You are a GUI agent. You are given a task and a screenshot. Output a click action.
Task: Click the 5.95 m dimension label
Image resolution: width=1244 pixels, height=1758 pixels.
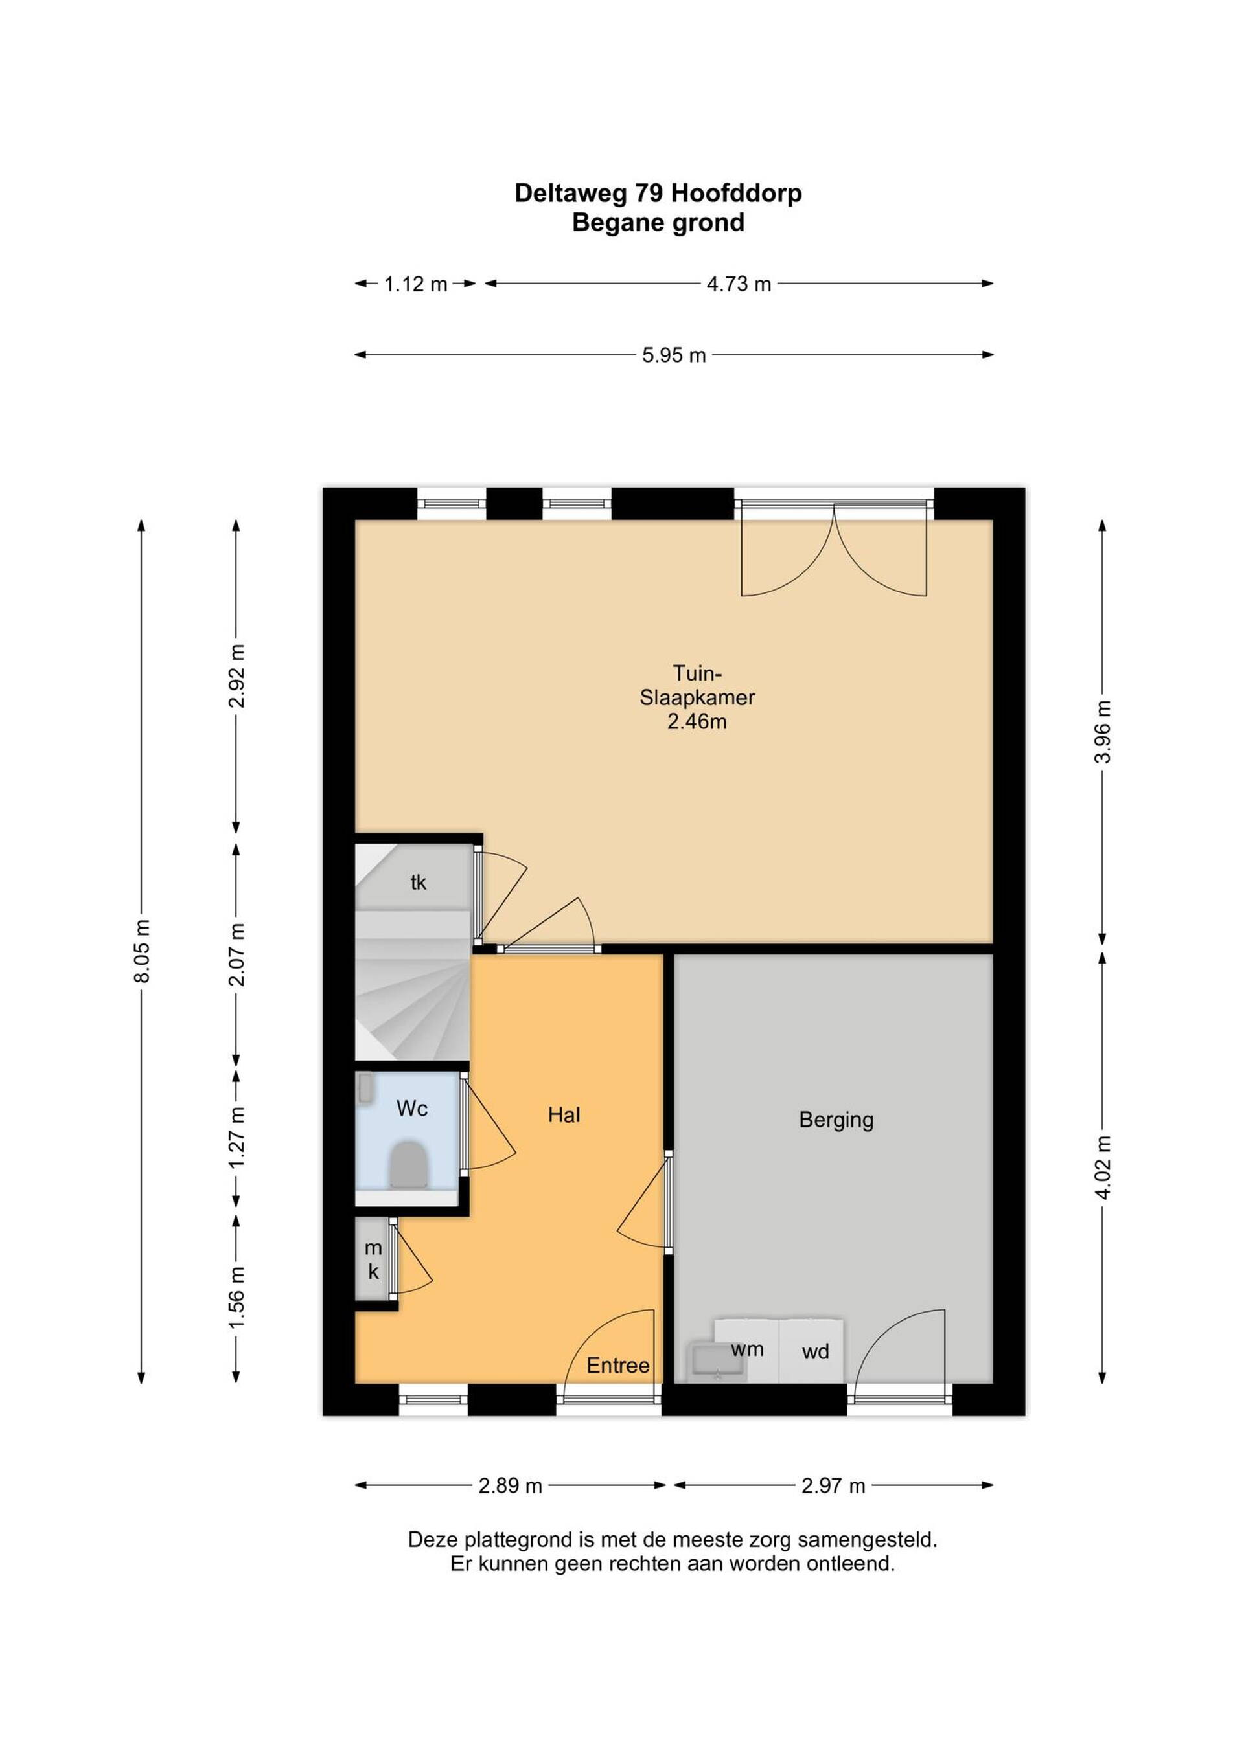coord(673,355)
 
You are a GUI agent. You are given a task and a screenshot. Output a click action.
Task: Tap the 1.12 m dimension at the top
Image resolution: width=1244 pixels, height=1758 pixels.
coord(415,284)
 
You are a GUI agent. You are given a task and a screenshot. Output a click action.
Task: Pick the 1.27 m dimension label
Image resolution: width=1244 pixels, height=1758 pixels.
coord(238,1137)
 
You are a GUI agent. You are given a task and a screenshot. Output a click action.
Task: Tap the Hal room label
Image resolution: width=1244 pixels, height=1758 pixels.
coord(564,1115)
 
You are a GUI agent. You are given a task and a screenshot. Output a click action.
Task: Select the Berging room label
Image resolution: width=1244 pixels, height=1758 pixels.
coord(836,1120)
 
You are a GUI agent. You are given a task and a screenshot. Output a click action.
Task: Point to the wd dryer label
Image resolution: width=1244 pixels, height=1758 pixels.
coord(815,1351)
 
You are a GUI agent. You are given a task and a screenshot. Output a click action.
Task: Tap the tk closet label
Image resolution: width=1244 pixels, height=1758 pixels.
coord(419,882)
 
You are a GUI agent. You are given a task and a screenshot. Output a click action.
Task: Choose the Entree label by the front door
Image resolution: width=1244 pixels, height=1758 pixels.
coord(618,1365)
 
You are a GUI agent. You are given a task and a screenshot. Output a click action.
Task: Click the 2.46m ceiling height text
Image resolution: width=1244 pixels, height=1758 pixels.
coord(697,721)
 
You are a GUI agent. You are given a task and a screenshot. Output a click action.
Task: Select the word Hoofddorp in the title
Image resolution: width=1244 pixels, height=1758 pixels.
coord(736,193)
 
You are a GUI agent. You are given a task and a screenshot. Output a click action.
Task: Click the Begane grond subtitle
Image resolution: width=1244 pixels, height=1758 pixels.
coord(658,223)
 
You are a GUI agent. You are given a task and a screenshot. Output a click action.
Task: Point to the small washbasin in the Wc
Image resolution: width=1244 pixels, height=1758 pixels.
coord(365,1088)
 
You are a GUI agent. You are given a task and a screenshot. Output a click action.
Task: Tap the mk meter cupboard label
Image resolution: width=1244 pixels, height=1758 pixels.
coord(373,1259)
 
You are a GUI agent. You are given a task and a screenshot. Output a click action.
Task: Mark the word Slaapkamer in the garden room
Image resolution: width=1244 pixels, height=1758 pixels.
coord(697,697)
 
